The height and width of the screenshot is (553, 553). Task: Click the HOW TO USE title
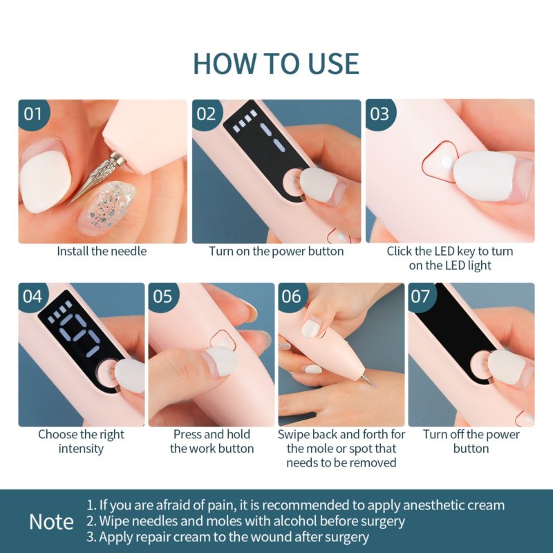276,63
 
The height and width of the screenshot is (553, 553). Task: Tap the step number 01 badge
33,113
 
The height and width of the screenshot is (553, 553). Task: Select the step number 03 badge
379,113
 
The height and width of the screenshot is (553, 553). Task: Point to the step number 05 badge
162,297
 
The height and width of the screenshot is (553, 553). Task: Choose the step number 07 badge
421,297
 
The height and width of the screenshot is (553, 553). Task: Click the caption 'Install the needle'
102,252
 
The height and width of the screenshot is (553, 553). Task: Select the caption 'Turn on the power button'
276,252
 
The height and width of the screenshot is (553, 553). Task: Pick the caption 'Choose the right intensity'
81,442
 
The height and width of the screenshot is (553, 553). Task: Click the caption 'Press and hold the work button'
212,442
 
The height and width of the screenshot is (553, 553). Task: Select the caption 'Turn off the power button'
471,442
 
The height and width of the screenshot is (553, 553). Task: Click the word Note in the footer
51,522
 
